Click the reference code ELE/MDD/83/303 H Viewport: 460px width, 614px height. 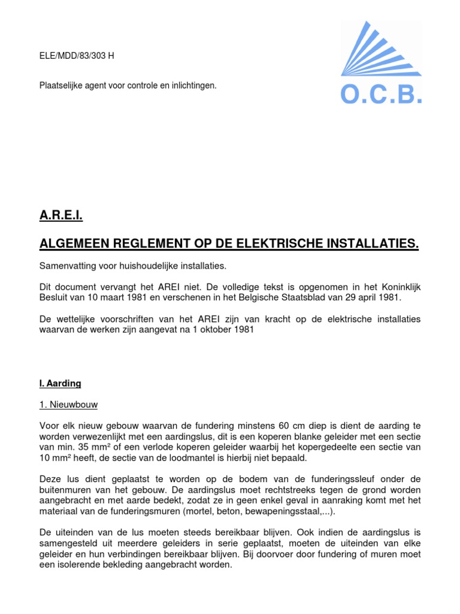click(77, 56)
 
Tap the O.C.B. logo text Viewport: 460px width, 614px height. click(381, 94)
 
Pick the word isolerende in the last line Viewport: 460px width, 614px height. click(76, 564)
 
